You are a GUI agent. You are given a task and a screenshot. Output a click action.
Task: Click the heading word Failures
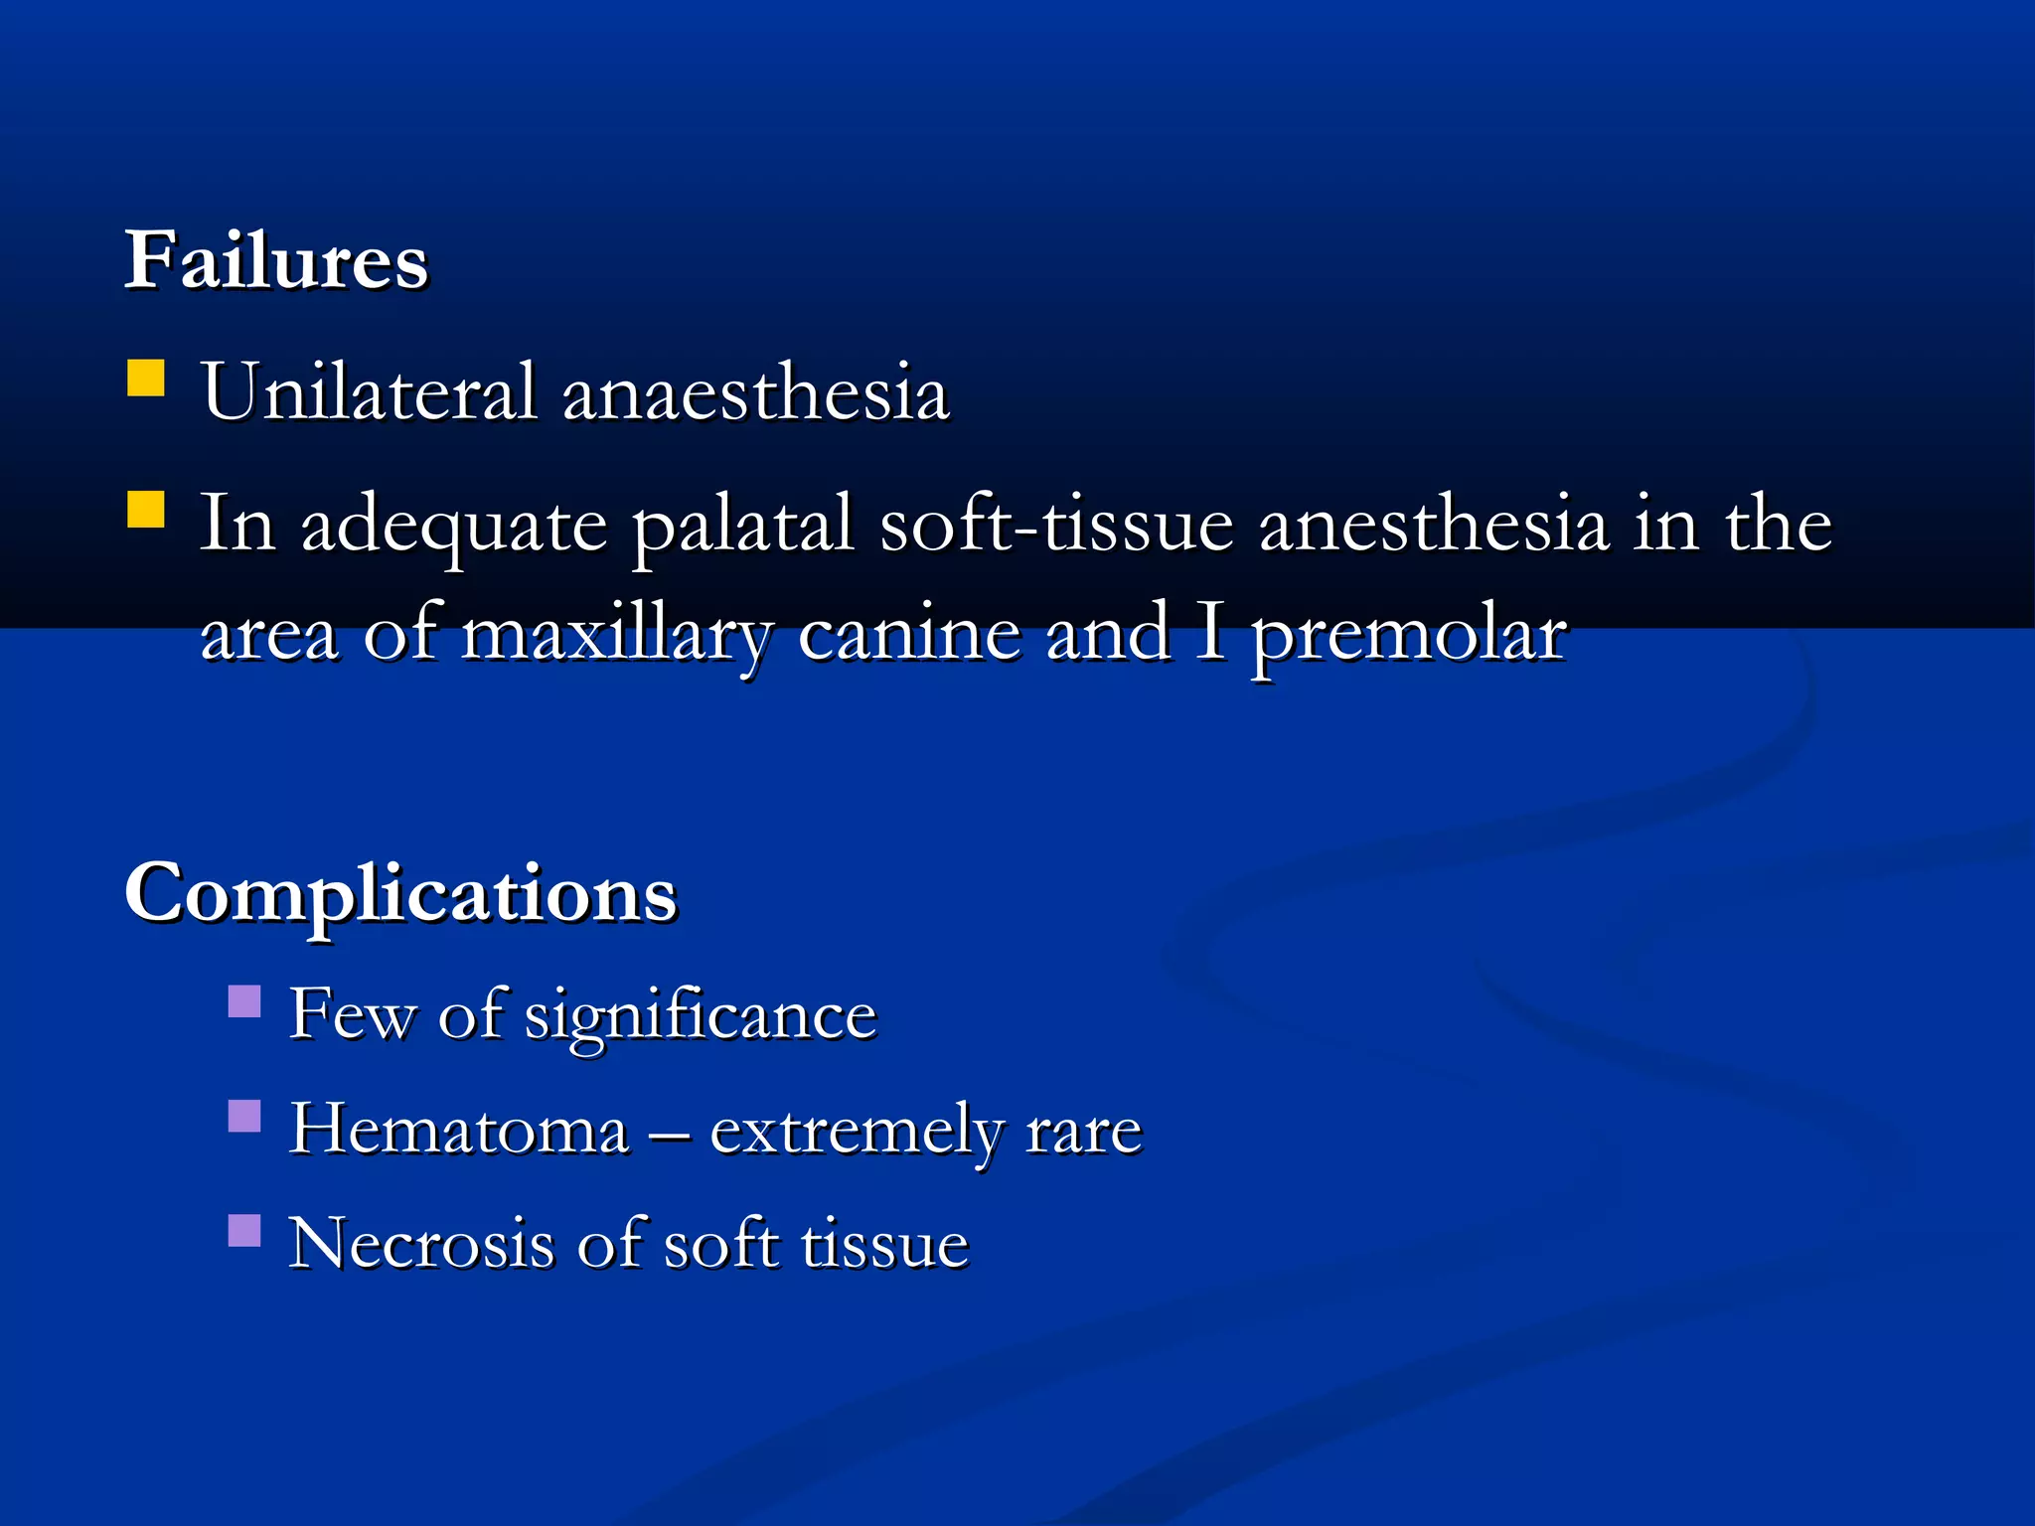click(275, 260)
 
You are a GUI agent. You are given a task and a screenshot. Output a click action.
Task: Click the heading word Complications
click(400, 893)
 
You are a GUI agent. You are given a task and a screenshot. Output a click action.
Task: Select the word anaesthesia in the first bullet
click(756, 393)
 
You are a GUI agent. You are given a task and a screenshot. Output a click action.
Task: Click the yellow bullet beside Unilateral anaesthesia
click(146, 379)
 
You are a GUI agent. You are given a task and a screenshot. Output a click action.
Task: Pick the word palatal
click(743, 526)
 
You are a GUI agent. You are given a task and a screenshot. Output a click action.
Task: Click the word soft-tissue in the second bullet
click(1056, 524)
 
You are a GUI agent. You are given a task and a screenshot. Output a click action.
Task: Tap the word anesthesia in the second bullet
click(1434, 524)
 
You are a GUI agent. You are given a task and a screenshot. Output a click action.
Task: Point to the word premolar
click(1408, 636)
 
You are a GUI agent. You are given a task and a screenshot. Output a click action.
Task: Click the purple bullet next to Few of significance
click(244, 1001)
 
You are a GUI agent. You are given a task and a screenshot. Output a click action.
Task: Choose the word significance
click(701, 1015)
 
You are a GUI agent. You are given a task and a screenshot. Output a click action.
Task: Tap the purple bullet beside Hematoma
click(244, 1117)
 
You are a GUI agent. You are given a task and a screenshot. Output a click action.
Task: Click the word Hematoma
click(459, 1130)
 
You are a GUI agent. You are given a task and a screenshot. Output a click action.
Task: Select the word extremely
click(857, 1132)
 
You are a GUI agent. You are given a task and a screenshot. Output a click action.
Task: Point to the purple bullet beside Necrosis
click(244, 1230)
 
